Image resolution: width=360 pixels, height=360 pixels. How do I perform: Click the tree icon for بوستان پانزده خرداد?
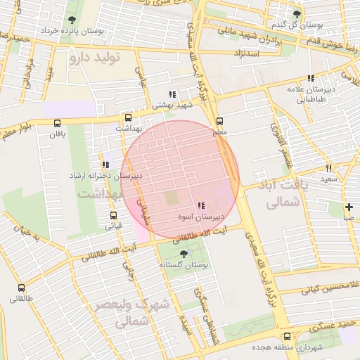pos(72,20)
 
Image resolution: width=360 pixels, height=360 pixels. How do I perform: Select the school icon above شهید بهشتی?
pos(172,94)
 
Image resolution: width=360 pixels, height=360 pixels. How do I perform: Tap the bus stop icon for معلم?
pos(219,121)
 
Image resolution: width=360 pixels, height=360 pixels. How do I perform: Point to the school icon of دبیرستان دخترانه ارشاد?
pos(105,165)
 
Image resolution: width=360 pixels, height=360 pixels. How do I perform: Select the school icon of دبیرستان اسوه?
pos(201,205)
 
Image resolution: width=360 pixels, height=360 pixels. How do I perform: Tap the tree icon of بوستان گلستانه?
pos(184,253)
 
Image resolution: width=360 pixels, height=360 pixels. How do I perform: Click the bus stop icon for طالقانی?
pos(21,288)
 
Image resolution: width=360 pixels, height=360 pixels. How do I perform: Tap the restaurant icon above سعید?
pos(328,168)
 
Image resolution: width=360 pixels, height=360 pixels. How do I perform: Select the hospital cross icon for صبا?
pos(349,207)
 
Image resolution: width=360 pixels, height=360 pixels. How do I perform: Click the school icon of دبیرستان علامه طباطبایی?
pos(310,79)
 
